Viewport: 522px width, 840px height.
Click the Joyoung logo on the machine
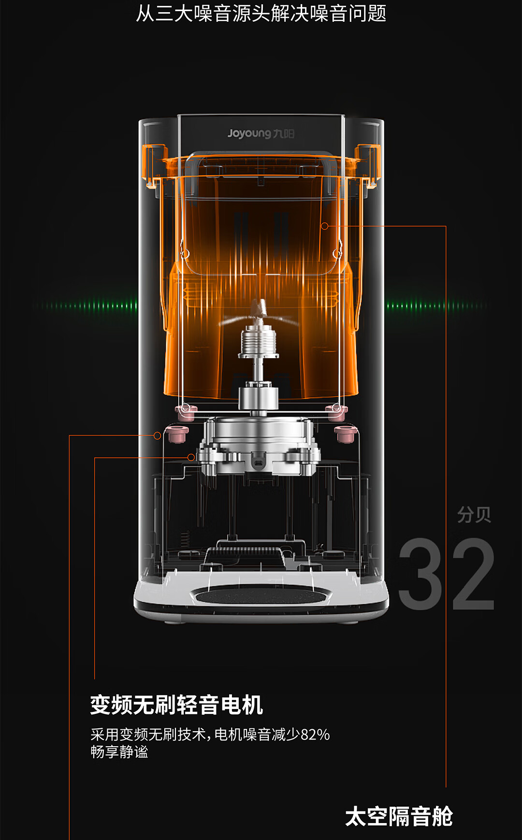pyautogui.click(x=261, y=133)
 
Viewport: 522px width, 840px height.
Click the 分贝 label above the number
pyautogui.click(x=474, y=515)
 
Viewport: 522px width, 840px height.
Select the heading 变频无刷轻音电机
pyautogui.click(x=176, y=705)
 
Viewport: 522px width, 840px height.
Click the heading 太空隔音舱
pyautogui.click(x=399, y=816)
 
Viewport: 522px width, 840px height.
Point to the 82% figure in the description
pyautogui.click(x=315, y=735)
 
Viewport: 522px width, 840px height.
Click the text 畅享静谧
pyautogui.click(x=119, y=752)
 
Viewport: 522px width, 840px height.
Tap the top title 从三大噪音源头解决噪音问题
pyautogui.click(x=261, y=13)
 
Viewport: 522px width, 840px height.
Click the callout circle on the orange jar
pyautogui.click(x=325, y=226)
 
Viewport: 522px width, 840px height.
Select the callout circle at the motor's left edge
pyautogui.click(x=191, y=457)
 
